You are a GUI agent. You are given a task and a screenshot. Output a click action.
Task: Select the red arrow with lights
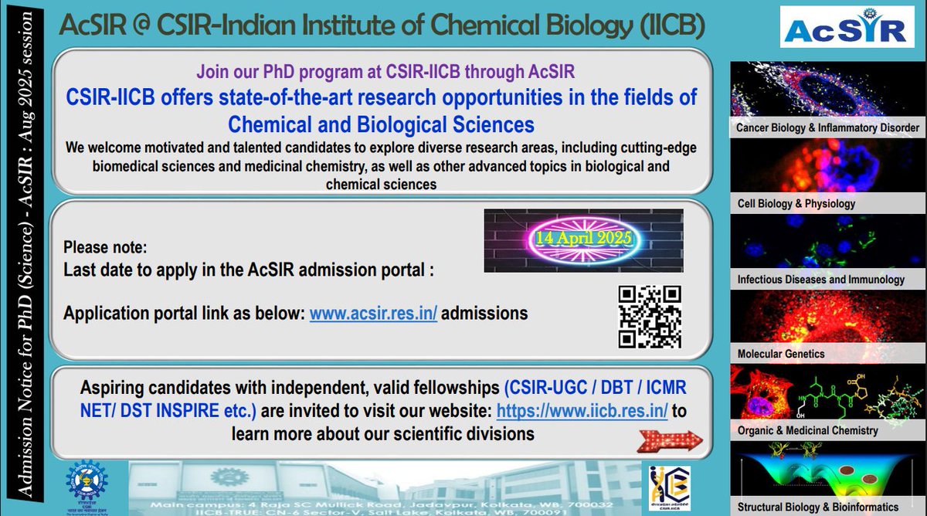(x=669, y=441)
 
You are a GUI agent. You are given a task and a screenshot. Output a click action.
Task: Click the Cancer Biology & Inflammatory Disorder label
(x=827, y=127)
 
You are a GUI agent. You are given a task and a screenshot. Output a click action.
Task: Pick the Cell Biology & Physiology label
(x=796, y=204)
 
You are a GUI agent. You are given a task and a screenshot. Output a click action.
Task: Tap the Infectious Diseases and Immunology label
(x=820, y=280)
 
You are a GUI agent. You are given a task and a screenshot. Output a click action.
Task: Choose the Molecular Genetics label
(x=781, y=354)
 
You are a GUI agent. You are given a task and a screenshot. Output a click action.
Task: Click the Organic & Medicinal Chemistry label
(x=807, y=430)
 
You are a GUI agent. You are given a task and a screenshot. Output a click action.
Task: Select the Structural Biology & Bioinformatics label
(x=818, y=507)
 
